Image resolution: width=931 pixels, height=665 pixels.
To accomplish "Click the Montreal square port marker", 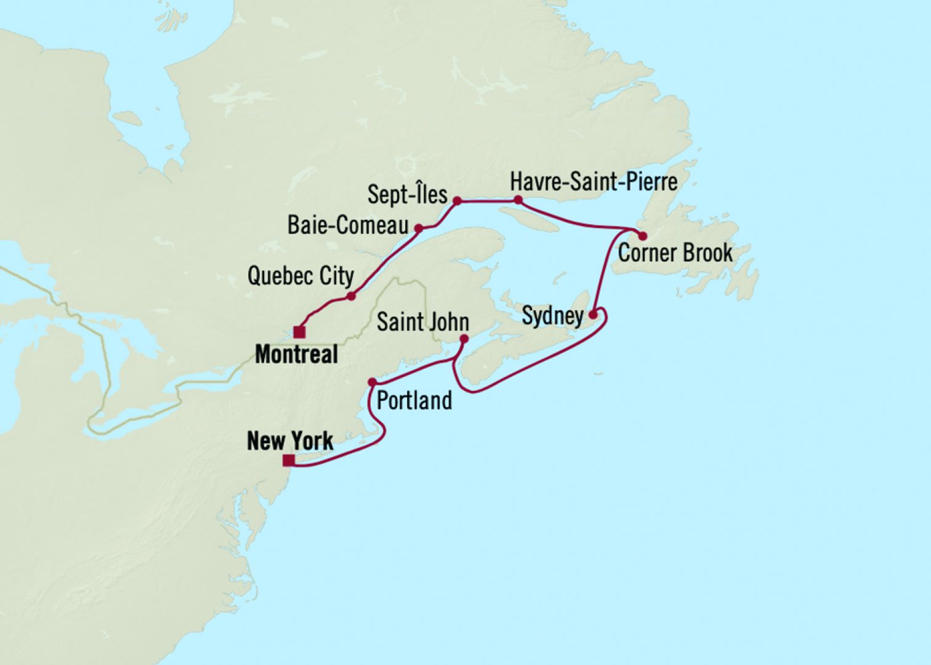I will point(299,332).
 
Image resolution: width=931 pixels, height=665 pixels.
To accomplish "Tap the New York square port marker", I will point(288,461).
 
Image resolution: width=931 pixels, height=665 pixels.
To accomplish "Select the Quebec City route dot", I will point(351,296).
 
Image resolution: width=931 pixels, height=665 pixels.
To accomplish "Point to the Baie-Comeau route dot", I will point(419,228).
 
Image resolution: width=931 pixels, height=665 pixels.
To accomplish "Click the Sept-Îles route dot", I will point(457,200).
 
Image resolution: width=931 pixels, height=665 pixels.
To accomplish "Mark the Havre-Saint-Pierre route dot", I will point(518,199).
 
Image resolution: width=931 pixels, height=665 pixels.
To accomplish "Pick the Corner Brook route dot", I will point(642,235).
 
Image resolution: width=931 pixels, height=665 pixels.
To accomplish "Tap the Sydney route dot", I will point(593,315).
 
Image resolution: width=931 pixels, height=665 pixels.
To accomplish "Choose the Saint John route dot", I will point(464,338).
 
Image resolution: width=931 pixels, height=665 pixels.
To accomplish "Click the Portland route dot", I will point(372,382).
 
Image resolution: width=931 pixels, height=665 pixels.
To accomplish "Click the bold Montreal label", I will point(296,354).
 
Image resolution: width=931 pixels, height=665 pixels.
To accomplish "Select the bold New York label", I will point(290,441).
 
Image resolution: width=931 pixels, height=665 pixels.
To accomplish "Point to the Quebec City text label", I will point(300,276).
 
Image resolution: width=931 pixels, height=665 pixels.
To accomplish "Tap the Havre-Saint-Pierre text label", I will point(594,182).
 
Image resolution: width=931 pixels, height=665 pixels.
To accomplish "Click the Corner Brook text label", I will point(675,253).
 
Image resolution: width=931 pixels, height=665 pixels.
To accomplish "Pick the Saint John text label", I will point(422,321).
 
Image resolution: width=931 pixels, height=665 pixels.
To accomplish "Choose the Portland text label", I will point(414,401).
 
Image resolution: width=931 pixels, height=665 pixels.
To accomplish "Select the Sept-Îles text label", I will point(407,195).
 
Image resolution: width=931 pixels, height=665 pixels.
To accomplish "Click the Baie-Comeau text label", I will point(348,226).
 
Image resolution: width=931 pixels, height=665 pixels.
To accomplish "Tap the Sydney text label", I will point(552,316).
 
